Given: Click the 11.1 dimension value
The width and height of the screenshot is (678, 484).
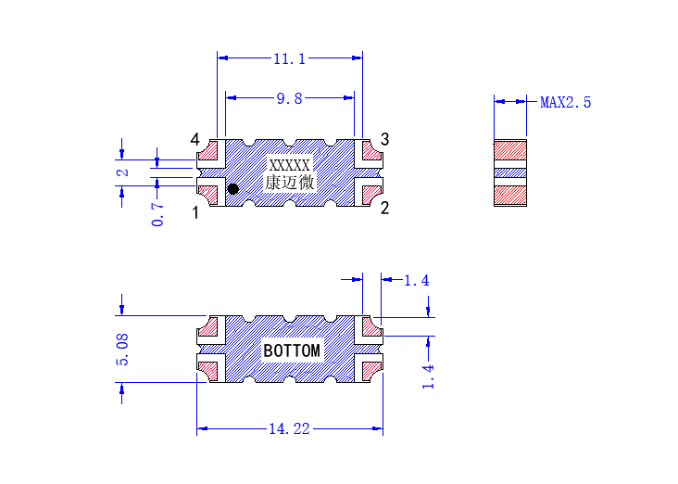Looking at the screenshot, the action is click(289, 58).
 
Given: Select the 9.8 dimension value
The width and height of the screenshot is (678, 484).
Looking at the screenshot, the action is click(289, 98).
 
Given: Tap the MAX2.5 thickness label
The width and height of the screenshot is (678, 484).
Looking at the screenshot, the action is click(565, 103).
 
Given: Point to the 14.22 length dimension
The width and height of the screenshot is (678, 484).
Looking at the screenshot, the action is click(289, 429).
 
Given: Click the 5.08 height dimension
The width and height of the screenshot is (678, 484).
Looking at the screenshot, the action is click(122, 350).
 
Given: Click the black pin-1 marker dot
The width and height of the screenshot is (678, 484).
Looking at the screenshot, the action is click(233, 189).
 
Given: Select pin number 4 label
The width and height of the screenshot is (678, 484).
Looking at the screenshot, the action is click(195, 139).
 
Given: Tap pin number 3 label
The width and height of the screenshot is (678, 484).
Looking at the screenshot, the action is click(384, 139).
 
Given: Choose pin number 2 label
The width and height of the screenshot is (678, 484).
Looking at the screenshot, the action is click(384, 209).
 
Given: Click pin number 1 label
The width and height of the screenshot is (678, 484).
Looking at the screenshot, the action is click(195, 213).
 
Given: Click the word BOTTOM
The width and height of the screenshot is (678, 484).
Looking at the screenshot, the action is click(292, 350).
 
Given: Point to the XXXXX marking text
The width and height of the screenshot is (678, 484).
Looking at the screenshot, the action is click(289, 165).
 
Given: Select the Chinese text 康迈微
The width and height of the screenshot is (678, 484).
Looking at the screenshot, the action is click(289, 183).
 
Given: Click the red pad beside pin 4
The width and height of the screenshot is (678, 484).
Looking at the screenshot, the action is click(208, 151).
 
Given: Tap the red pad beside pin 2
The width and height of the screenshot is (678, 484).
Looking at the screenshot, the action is click(371, 195).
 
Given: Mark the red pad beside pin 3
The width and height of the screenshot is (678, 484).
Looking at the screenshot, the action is click(371, 151).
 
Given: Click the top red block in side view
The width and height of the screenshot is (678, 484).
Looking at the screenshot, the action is click(510, 150).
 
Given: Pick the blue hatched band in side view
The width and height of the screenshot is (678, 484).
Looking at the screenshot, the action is click(510, 173).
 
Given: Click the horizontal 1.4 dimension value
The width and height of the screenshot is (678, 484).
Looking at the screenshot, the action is click(417, 281).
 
